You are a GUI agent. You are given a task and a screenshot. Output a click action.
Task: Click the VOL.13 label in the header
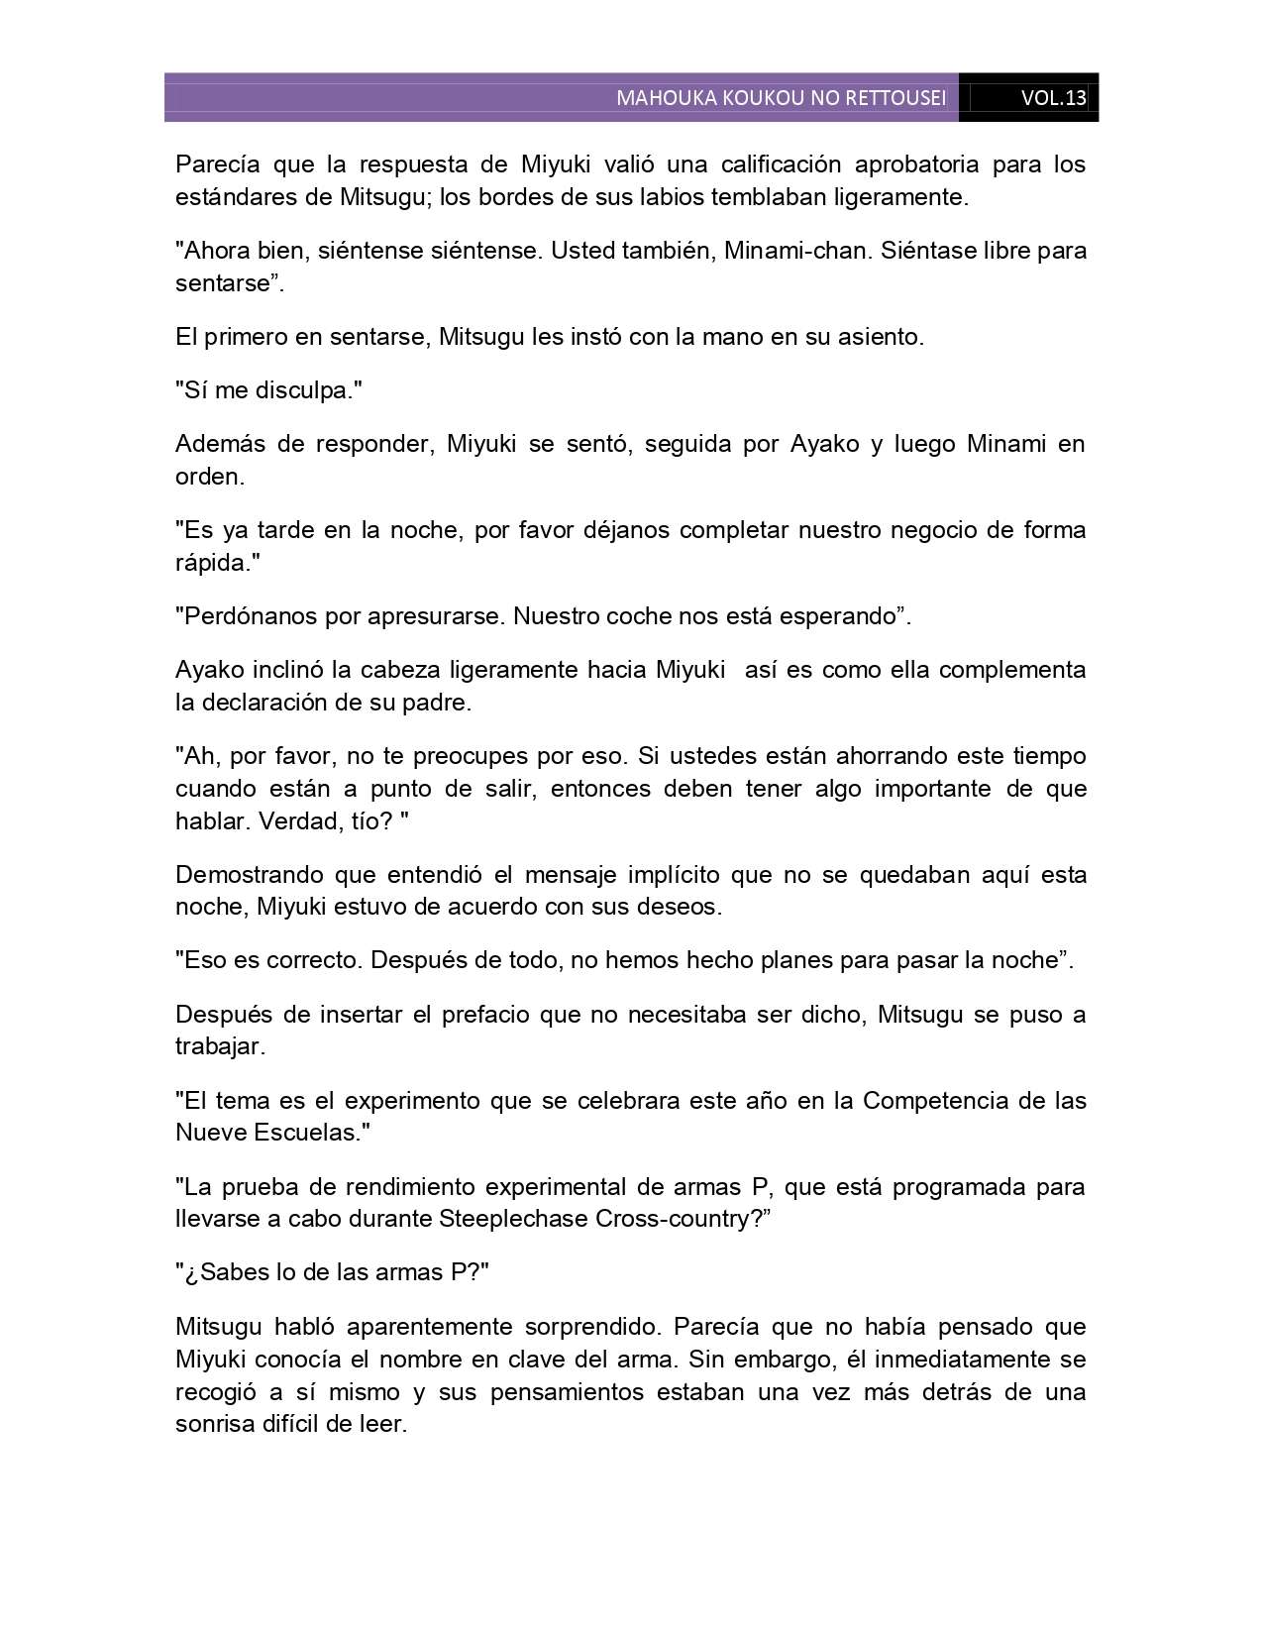(1053, 98)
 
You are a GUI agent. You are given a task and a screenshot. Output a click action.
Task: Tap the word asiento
(883, 336)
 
